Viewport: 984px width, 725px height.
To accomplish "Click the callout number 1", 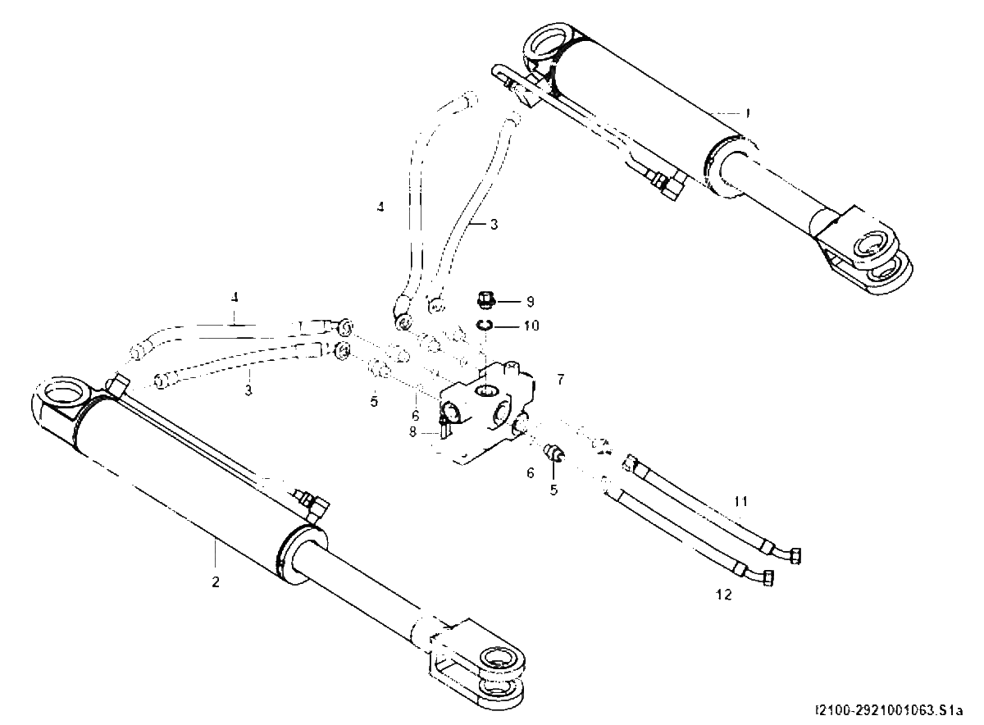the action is click(x=748, y=113).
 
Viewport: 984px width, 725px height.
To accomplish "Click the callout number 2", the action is click(x=215, y=582).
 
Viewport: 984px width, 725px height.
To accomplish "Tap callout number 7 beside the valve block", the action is click(x=560, y=379).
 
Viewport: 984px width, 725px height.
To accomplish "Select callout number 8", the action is click(x=412, y=432).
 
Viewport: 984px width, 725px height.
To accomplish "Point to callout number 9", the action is click(x=531, y=302).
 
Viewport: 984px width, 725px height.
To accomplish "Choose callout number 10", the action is click(x=531, y=326).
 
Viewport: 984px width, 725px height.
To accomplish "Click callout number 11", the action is click(x=741, y=501).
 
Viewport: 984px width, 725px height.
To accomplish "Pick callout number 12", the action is click(x=724, y=595).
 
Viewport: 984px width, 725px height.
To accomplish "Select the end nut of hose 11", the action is click(x=795, y=556).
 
